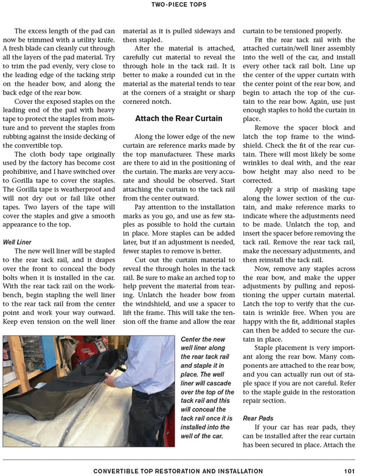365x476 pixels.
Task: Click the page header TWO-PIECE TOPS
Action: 182,5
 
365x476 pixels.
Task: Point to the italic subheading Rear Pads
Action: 258,418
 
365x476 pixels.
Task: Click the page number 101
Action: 349,471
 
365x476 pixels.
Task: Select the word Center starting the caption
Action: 194,339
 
